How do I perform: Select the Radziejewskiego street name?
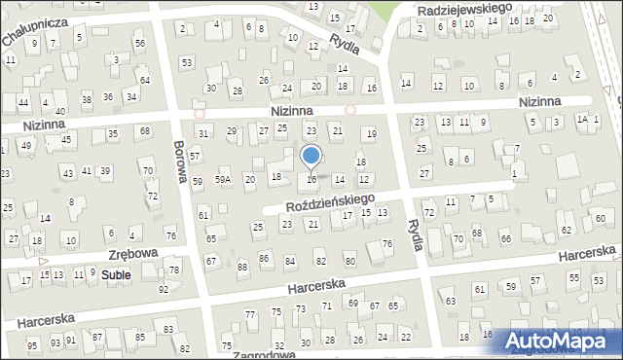(464, 8)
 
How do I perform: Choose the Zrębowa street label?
(132, 253)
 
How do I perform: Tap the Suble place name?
(116, 275)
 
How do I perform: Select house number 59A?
(222, 180)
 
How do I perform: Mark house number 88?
(241, 267)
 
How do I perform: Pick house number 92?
(164, 289)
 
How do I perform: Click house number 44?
(22, 102)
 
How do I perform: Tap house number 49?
(26, 146)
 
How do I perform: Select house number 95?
(32, 345)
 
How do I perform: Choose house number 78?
(174, 270)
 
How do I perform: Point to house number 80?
(349, 261)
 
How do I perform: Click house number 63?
(451, 302)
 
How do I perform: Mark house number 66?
(505, 238)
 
